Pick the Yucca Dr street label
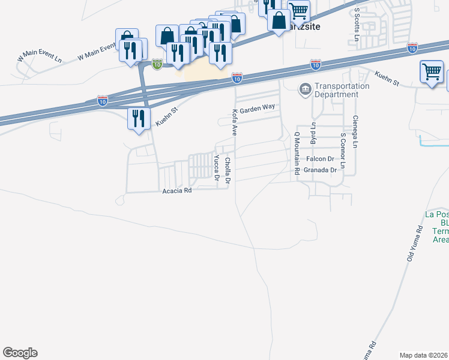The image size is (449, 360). tap(216, 167)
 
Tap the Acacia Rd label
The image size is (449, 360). tap(177, 191)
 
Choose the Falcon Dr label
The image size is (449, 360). tap(319, 159)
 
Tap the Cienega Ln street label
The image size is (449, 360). tap(355, 131)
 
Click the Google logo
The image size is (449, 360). tap(20, 353)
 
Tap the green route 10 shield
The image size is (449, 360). tap(156, 63)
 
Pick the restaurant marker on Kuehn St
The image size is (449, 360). tap(138, 118)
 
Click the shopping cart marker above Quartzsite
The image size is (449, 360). tap(298, 10)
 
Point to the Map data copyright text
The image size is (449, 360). tap(424, 355)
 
